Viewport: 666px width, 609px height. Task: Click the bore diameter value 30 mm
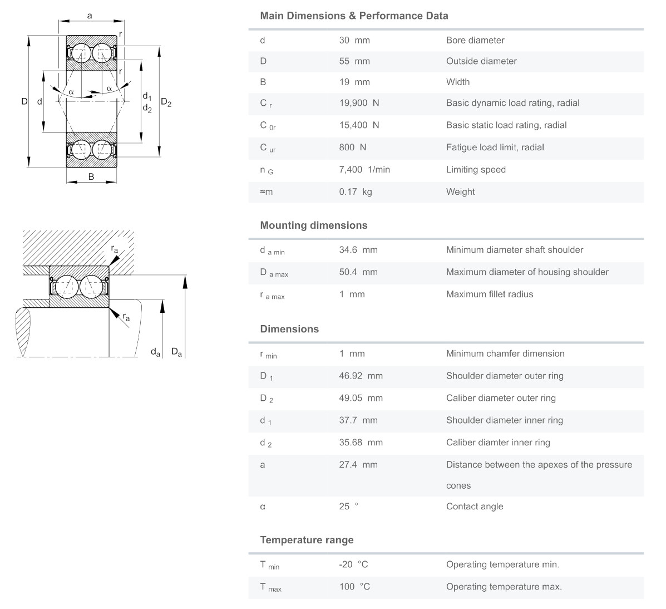pos(354,40)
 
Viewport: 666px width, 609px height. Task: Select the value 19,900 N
pos(359,103)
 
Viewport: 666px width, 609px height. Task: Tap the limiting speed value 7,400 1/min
pos(364,170)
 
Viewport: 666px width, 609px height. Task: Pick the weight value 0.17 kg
pos(356,192)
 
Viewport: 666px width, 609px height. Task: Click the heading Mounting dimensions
pos(314,225)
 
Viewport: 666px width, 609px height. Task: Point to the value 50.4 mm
pos(358,272)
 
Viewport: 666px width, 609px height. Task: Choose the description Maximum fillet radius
pos(490,294)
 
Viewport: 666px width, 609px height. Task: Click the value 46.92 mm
pos(361,376)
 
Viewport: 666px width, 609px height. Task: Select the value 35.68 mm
pos(361,443)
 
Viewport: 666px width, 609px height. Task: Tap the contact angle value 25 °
pos(349,507)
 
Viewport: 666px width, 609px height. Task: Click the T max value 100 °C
pos(355,587)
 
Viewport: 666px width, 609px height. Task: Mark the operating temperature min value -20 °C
pos(354,564)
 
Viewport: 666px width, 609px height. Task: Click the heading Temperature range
pos(307,540)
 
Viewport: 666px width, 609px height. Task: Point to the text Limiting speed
pos(476,170)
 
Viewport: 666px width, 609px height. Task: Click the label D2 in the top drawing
pos(166,102)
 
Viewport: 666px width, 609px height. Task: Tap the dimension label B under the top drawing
pos(91,177)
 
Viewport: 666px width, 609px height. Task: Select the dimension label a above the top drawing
pos(90,16)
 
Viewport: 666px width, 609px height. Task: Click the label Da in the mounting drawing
pos(176,352)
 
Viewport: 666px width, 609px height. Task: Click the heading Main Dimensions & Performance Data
pos(354,16)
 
